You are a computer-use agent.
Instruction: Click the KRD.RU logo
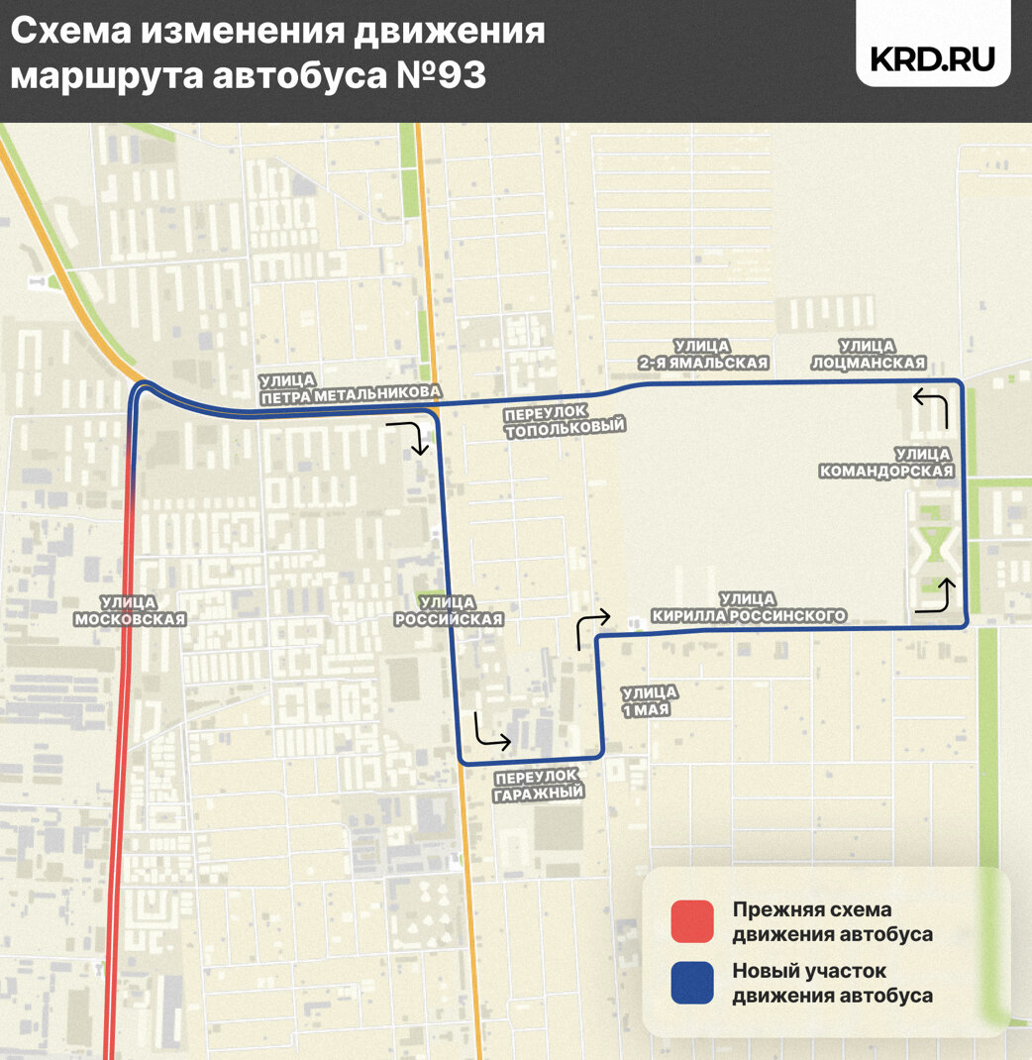point(932,58)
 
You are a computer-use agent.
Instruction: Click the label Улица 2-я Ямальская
point(703,354)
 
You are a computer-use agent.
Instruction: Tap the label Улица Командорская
point(885,463)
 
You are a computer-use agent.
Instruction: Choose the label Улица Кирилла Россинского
point(749,607)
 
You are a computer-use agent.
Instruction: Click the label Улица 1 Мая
point(650,700)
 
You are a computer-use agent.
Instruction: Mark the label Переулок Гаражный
point(539,784)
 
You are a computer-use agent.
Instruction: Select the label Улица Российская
point(449,610)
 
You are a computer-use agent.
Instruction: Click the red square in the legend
point(691,921)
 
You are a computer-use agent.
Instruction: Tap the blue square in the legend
point(691,983)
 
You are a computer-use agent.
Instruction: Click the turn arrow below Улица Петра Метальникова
point(411,436)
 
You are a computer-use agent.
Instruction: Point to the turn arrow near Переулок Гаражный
point(490,730)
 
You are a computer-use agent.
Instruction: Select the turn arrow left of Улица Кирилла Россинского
point(591,627)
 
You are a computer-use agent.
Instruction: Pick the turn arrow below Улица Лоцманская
point(932,406)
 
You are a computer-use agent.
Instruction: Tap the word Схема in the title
point(69,32)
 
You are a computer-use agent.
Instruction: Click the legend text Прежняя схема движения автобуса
point(832,921)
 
